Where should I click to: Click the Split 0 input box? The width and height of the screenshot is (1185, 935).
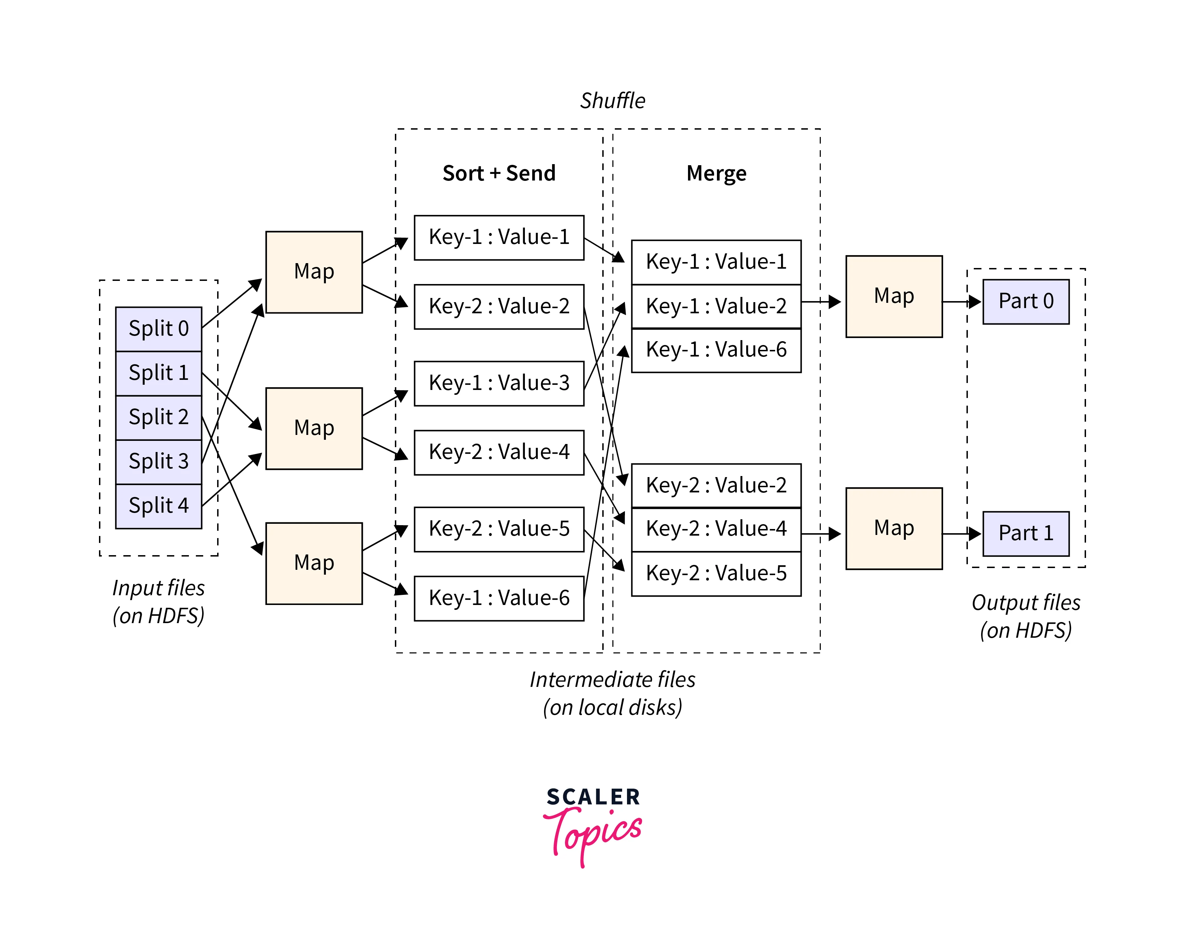coord(158,329)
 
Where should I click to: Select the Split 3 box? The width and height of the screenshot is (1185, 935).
coord(158,461)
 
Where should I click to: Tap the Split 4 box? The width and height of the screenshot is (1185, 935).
coord(158,506)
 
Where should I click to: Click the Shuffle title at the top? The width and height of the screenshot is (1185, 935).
coord(612,101)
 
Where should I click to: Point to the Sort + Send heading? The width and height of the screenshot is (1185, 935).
coord(499,173)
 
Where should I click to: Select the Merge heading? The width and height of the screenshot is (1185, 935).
coord(716,173)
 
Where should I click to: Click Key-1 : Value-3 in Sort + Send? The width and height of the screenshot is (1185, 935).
coord(499,383)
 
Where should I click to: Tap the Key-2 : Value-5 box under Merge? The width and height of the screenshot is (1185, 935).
coord(716,573)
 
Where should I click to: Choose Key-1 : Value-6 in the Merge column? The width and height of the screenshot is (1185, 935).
coord(716,350)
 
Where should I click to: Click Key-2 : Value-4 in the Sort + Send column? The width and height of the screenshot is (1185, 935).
coord(499,452)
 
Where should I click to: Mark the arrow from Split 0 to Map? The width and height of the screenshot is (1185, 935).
coord(231,304)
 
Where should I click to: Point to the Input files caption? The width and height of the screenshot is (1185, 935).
coord(158,601)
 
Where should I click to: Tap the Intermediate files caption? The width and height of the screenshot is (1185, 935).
coord(612,693)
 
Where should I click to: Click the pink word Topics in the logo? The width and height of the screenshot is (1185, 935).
coord(594,834)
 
